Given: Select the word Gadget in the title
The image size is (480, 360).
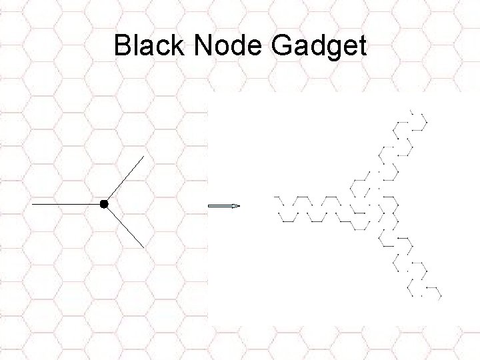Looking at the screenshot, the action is [319, 47].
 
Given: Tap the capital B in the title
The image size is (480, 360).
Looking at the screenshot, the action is [122, 46].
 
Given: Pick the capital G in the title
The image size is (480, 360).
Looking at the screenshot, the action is [283, 46].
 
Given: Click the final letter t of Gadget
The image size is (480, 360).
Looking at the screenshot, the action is [362, 47].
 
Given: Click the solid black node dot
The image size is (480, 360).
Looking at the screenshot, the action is [103, 203].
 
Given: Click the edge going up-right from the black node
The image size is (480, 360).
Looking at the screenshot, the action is [124, 179].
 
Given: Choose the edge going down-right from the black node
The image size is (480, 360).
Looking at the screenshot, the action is [124, 225].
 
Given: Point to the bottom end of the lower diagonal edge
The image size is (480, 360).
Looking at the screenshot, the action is [144, 247].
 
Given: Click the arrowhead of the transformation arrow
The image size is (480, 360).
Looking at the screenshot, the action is [236, 207].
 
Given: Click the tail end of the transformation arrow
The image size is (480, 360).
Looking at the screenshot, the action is [209, 207].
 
